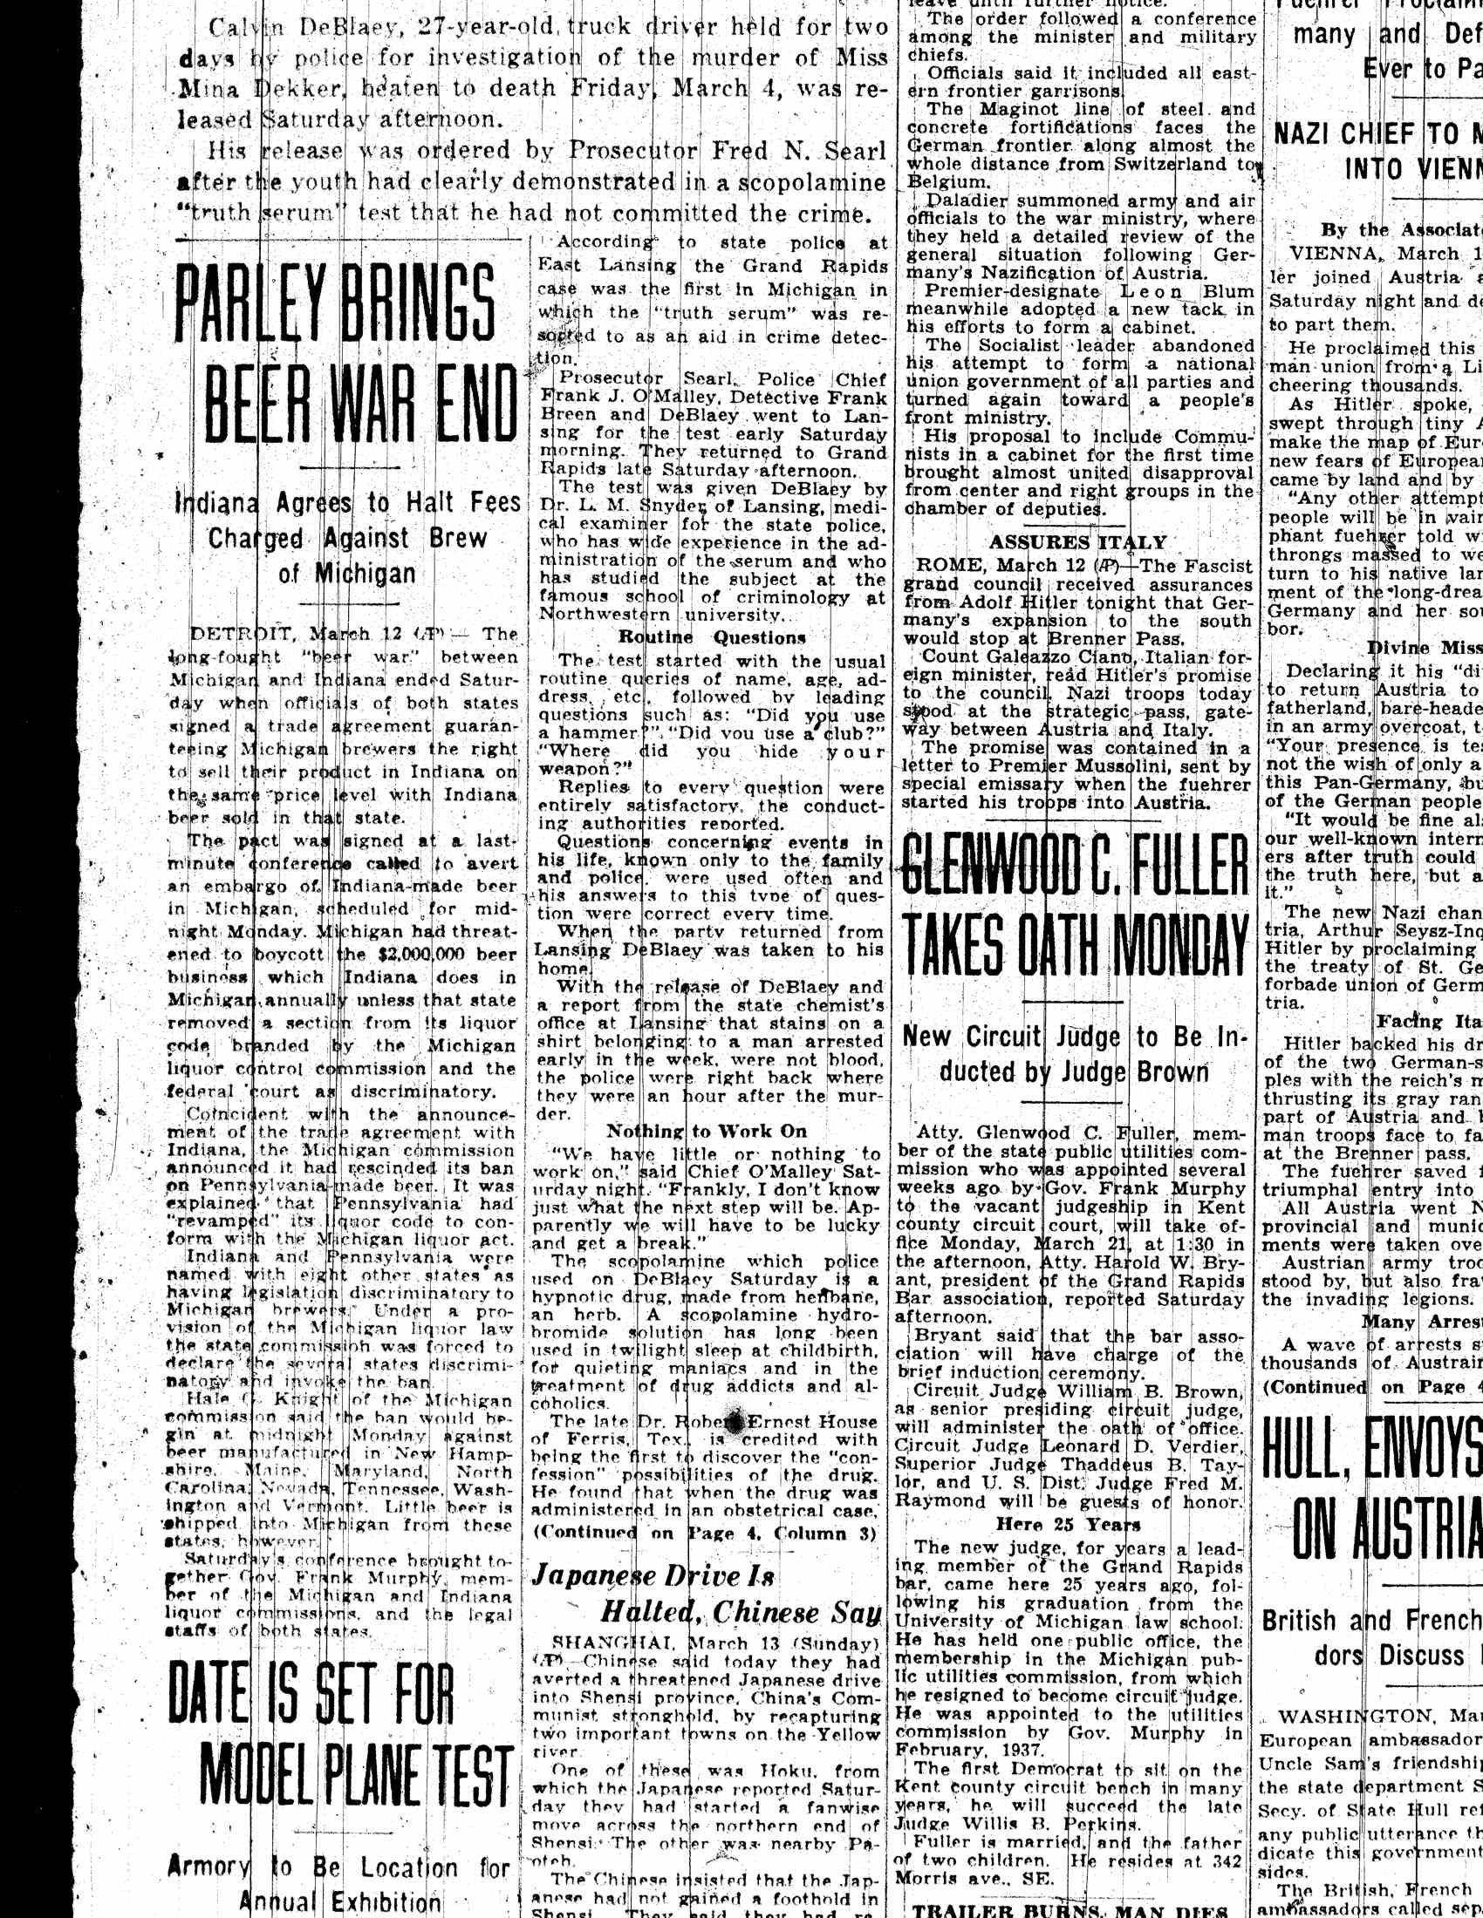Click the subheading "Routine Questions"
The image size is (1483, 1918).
click(x=712, y=637)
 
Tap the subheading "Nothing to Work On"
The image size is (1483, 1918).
click(x=707, y=1131)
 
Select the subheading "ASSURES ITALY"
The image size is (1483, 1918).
click(x=1078, y=543)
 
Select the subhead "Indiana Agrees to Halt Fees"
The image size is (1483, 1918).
click(x=346, y=503)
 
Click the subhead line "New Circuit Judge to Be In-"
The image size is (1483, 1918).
click(x=1074, y=1037)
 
